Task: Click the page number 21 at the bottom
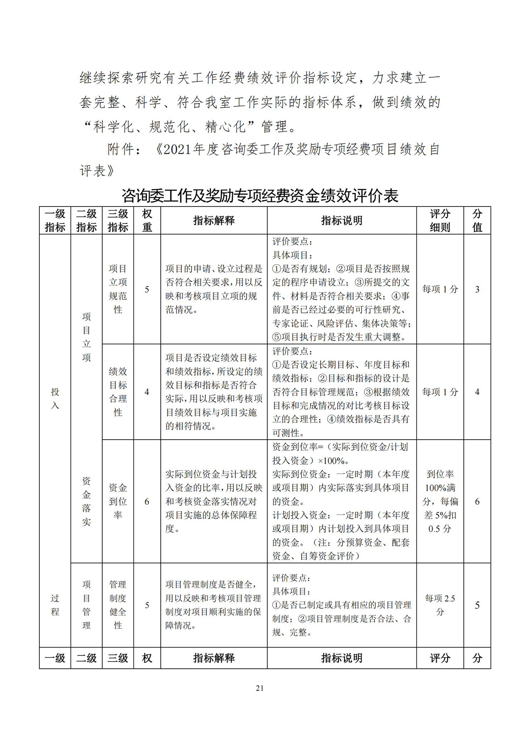pyautogui.click(x=260, y=688)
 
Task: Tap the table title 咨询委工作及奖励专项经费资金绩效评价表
pyautogui.click(x=260, y=196)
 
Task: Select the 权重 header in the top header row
pyautogui.click(x=147, y=220)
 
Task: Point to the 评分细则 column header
pyautogui.click(x=440, y=220)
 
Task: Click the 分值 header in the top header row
pyautogui.click(x=477, y=220)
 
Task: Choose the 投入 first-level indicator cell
pyautogui.click(x=55, y=398)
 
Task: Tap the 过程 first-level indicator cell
pyautogui.click(x=55, y=605)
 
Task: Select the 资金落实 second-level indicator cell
pyautogui.click(x=87, y=501)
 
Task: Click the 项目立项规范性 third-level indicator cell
pyautogui.click(x=118, y=289)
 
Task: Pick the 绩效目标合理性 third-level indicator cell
pyautogui.click(x=118, y=392)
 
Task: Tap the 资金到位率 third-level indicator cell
pyautogui.click(x=118, y=501)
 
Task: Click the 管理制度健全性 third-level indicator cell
pyautogui.click(x=118, y=605)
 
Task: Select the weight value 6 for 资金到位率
pyautogui.click(x=147, y=502)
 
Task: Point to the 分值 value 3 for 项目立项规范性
pyautogui.click(x=477, y=289)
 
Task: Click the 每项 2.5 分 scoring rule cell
pyautogui.click(x=440, y=605)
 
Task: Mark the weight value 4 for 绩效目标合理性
pyautogui.click(x=147, y=392)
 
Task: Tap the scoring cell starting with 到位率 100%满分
pyautogui.click(x=440, y=501)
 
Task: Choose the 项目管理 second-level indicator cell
pyautogui.click(x=87, y=605)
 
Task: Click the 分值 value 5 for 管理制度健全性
pyautogui.click(x=477, y=605)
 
